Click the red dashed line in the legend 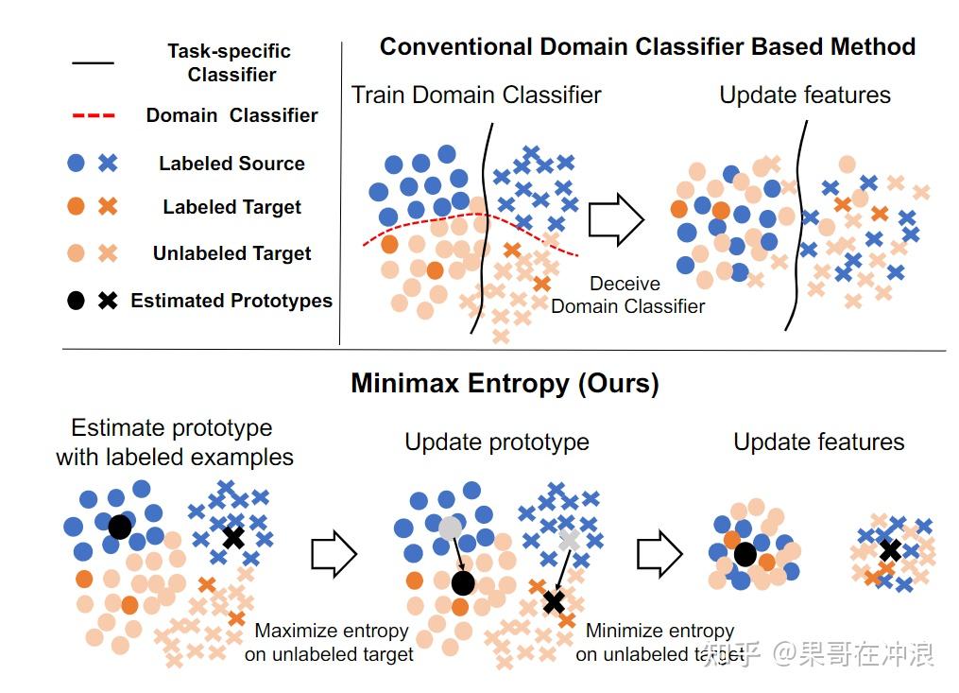click(93, 115)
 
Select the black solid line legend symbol click(93, 63)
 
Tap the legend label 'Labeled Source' click(231, 164)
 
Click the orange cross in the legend click(108, 207)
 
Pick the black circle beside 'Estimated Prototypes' click(77, 301)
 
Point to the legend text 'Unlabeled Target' click(231, 253)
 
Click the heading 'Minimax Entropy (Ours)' click(505, 383)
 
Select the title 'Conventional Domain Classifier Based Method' click(647, 46)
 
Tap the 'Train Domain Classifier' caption click(476, 95)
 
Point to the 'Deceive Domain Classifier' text click(627, 294)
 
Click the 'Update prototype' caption click(497, 442)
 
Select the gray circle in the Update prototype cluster click(451, 527)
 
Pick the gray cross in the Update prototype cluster click(569, 540)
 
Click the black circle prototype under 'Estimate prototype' click(119, 527)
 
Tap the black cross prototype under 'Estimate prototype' click(232, 538)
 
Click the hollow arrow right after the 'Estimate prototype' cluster click(334, 553)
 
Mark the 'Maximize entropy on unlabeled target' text click(331, 642)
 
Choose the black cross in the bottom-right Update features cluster click(889, 550)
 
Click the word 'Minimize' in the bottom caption click(620, 631)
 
